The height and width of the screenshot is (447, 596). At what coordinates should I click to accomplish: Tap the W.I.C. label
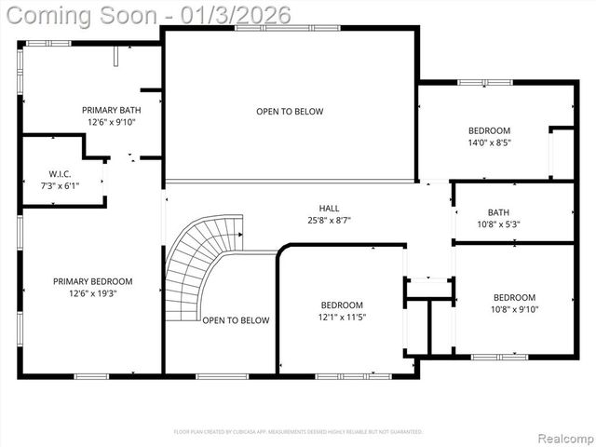[x=61, y=174]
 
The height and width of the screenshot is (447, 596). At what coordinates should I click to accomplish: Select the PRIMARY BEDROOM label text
[x=92, y=281]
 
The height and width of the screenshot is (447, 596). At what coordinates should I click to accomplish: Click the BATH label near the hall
[x=497, y=211]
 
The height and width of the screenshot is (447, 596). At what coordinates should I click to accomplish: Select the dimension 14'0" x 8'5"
[x=489, y=142]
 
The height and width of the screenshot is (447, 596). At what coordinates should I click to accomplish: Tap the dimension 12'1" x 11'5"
[x=342, y=318]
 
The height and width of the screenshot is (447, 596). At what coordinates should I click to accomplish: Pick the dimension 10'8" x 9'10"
[x=515, y=310]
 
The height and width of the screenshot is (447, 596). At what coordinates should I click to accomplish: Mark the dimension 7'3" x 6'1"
[x=61, y=186]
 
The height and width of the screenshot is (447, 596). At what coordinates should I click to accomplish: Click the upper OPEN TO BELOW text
[x=290, y=112]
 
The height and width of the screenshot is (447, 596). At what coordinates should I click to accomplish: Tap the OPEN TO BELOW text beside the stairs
[x=236, y=320]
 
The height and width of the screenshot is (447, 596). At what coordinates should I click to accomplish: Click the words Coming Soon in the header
[x=90, y=15]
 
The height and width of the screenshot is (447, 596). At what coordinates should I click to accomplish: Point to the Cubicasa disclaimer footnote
[x=298, y=432]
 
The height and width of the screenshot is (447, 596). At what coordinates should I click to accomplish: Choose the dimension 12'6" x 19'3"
[x=92, y=293]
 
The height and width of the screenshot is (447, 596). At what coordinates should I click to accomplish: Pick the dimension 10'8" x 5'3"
[x=497, y=223]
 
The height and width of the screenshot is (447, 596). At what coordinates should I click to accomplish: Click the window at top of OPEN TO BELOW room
[x=260, y=28]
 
